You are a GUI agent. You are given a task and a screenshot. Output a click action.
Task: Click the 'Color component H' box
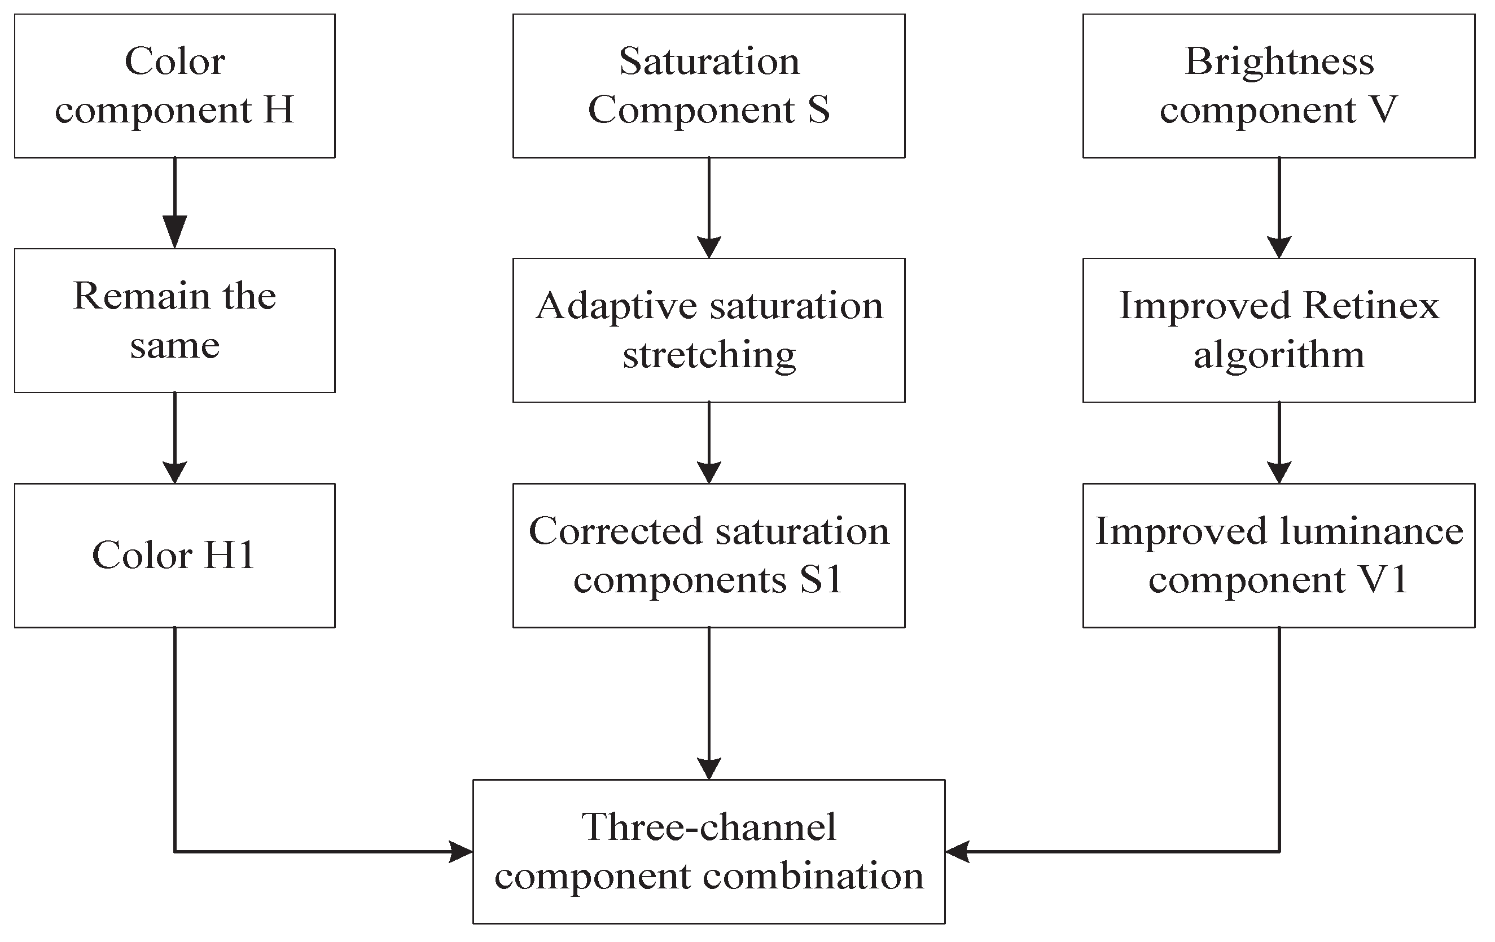click(174, 86)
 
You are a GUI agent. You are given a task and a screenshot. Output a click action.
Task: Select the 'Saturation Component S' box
click(708, 86)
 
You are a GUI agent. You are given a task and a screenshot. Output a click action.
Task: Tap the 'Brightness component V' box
click(1278, 86)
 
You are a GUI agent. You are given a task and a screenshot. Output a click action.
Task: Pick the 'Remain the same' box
click(174, 320)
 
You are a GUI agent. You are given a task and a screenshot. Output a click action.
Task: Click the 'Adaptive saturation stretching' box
click(708, 329)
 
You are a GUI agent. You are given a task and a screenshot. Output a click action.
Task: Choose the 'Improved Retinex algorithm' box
click(1278, 329)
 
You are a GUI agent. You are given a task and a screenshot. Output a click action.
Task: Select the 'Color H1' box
click(174, 555)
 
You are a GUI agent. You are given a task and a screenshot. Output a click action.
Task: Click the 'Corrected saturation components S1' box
click(708, 555)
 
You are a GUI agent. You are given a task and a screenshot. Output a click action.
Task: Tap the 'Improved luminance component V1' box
click(1278, 555)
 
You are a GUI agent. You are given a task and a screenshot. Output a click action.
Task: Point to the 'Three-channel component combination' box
click(708, 851)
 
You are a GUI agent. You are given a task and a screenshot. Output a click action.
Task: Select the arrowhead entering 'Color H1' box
click(174, 472)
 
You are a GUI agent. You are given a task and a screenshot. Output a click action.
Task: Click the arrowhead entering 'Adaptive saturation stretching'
click(708, 247)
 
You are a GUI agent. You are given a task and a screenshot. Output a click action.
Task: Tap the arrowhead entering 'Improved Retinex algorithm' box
click(1278, 247)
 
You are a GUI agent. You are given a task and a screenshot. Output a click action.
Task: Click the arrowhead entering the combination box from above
click(708, 768)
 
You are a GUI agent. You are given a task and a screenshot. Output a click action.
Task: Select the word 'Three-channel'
click(708, 826)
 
